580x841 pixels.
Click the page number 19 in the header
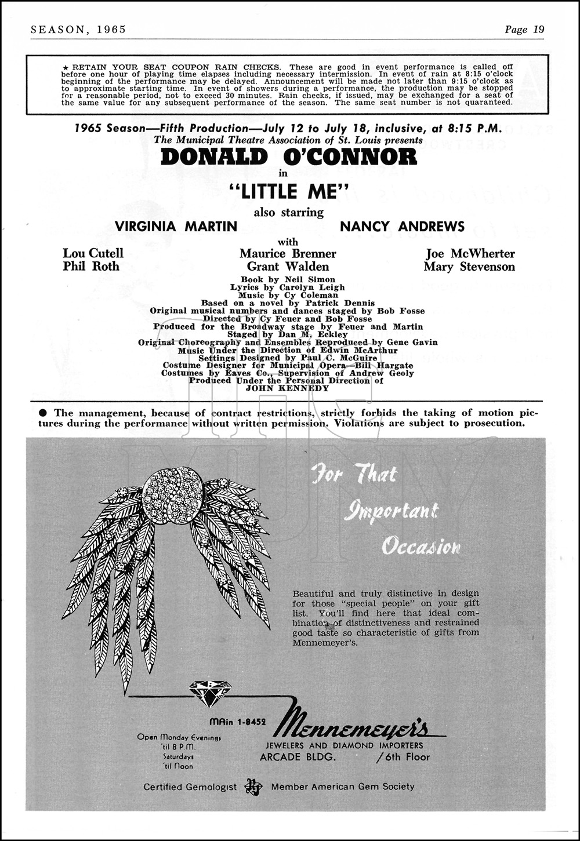click(x=538, y=30)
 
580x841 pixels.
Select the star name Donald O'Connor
click(x=289, y=157)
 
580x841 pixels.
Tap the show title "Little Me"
click(x=288, y=191)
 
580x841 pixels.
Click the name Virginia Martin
click(x=176, y=227)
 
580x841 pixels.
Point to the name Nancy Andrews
click(x=402, y=227)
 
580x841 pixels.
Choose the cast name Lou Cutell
click(x=93, y=253)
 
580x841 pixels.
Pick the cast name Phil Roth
click(x=91, y=267)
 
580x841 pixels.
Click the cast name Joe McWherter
click(x=470, y=253)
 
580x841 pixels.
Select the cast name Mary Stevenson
click(x=469, y=267)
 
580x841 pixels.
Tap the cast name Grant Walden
click(x=288, y=267)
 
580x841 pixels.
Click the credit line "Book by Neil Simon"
click(x=288, y=279)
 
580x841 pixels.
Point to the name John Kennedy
click(x=288, y=388)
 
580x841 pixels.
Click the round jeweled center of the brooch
click(x=172, y=493)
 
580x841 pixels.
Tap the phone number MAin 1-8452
click(x=237, y=722)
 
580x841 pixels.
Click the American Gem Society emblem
click(x=253, y=787)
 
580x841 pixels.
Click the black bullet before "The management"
click(x=43, y=413)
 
